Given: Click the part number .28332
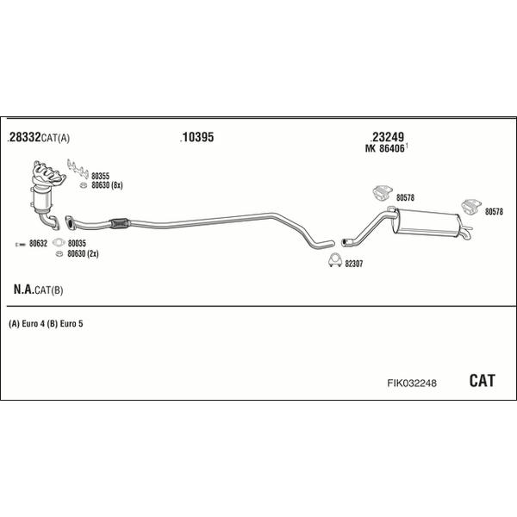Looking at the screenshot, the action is [24, 137].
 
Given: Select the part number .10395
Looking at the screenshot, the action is [197, 137].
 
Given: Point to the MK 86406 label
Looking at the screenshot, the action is [385, 149].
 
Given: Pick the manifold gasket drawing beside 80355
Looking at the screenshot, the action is [78, 169].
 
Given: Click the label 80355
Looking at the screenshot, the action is [100, 176].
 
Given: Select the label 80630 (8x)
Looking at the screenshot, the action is [107, 185].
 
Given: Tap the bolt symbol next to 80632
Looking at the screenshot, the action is [21, 245].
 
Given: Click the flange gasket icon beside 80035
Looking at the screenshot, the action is [59, 243].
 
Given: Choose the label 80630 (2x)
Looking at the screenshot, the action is [83, 254].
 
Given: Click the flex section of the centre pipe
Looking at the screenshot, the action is [120, 223].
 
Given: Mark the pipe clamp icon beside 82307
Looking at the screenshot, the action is [335, 260].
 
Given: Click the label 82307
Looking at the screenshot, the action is [354, 265].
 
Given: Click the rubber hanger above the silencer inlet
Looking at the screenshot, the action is [383, 193].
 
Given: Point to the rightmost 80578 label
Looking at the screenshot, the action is [494, 212].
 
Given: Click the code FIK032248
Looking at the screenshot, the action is [412, 383].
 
